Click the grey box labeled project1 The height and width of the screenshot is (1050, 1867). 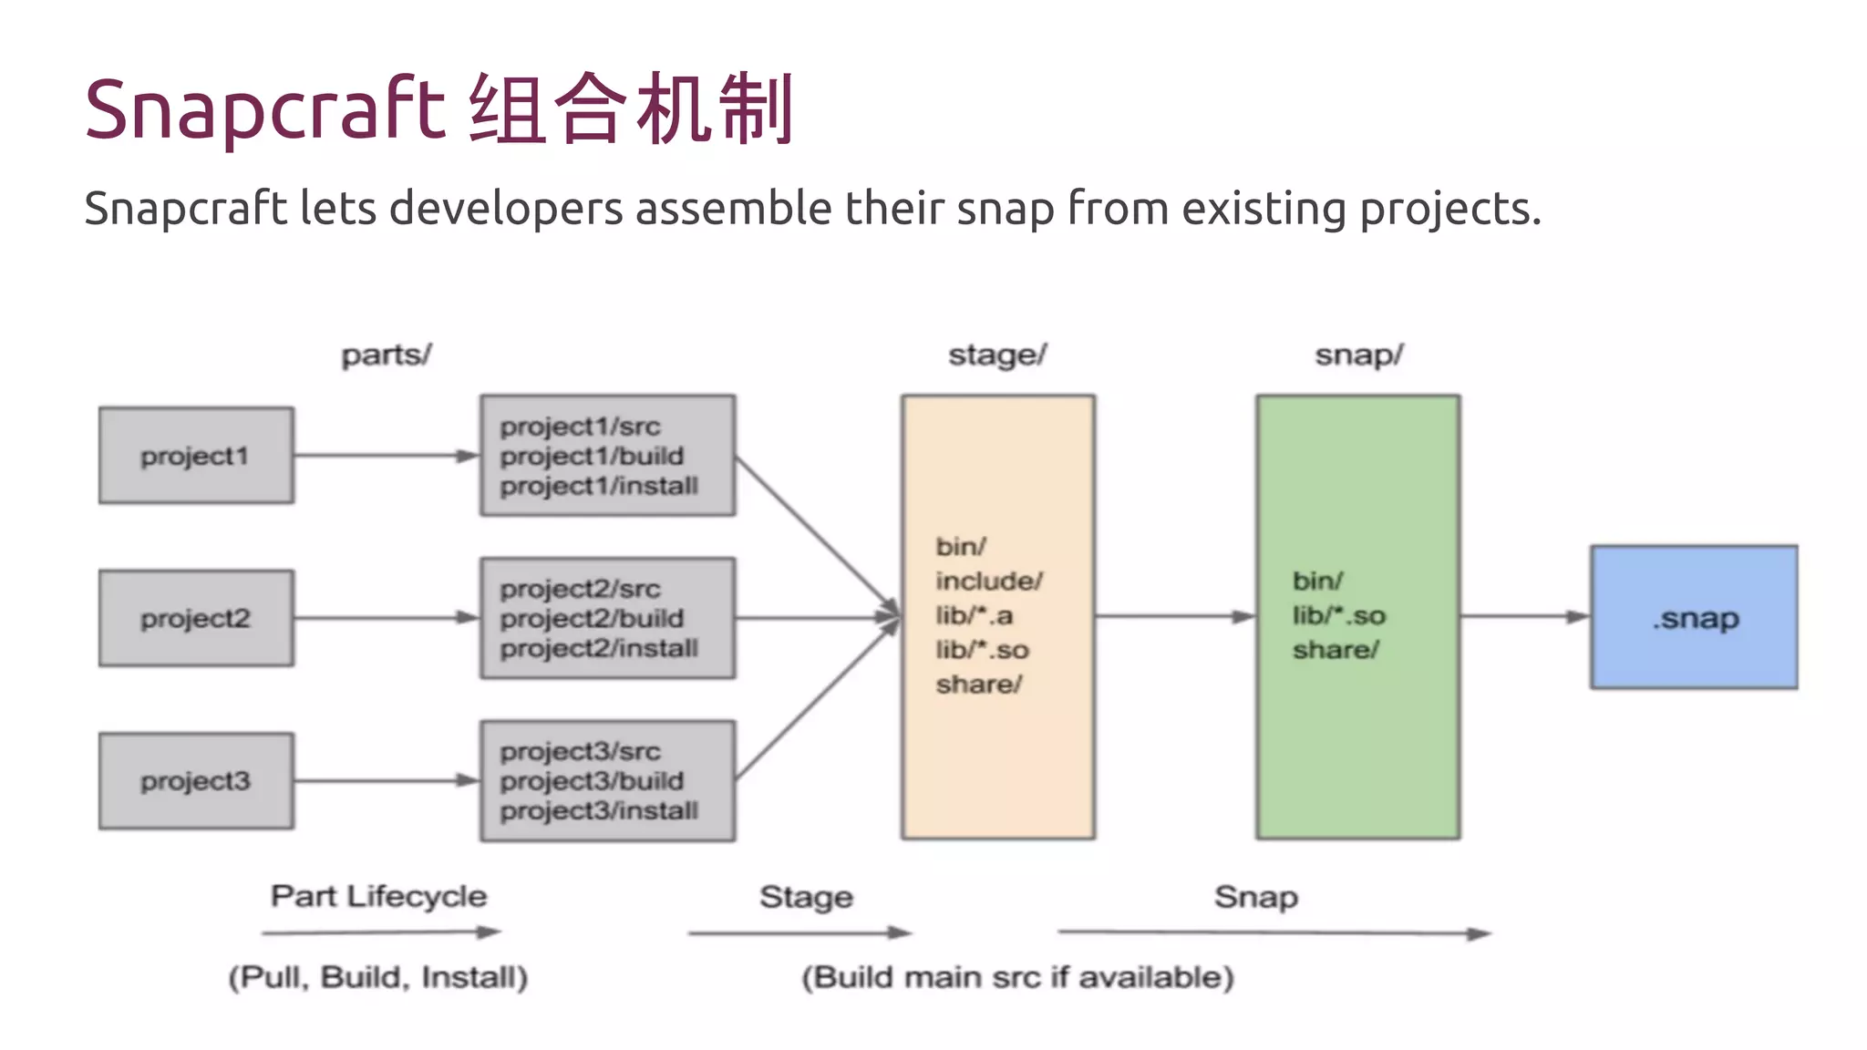(x=196, y=456)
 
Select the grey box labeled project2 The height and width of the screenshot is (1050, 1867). (x=196, y=618)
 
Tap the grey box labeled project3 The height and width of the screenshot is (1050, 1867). (x=196, y=781)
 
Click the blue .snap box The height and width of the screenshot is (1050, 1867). (x=1694, y=617)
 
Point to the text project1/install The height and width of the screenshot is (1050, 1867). (x=599, y=486)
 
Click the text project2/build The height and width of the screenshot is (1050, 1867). (x=592, y=618)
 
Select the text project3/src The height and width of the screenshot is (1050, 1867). (x=580, y=752)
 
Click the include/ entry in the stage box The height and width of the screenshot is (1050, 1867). (x=988, y=581)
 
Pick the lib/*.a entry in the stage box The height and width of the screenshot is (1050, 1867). (x=974, y=615)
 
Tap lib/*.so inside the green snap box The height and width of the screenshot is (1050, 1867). (x=1338, y=615)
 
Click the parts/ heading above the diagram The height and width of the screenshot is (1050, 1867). (x=387, y=355)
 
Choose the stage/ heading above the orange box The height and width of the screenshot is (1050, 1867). (x=997, y=355)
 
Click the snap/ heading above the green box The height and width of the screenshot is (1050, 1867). (x=1358, y=355)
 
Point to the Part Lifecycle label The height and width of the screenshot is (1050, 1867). (x=378, y=896)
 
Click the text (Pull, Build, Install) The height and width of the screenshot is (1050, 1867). (x=378, y=977)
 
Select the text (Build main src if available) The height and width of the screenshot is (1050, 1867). (x=1017, y=977)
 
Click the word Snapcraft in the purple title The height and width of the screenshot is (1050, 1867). (x=264, y=109)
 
